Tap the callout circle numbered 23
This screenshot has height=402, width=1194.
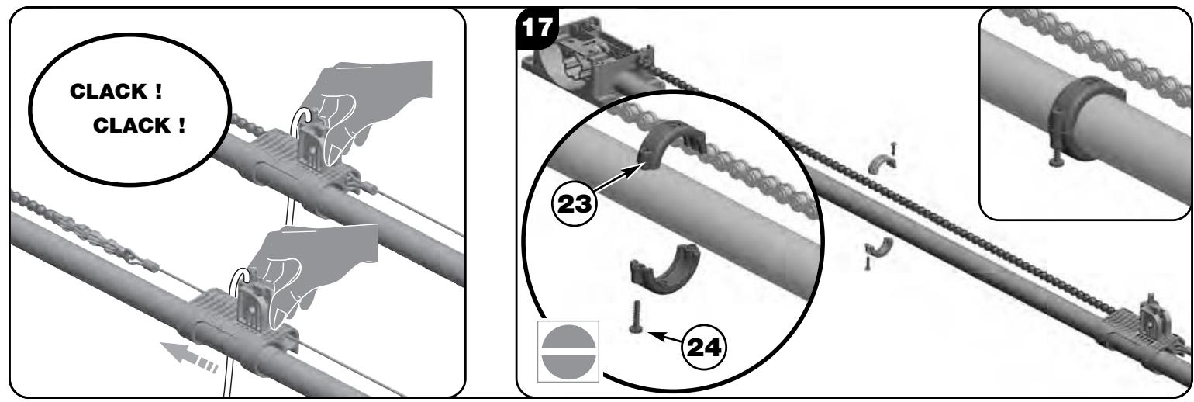574,203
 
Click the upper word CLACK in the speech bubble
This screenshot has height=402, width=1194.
109,92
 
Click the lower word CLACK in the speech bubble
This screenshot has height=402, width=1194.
132,126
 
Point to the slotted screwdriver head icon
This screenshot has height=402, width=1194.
568,352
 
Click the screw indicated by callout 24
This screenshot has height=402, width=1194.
636,317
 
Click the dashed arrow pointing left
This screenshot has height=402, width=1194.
189,357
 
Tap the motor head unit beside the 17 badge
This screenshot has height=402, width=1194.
589,59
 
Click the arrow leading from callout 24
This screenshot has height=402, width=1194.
665,338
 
